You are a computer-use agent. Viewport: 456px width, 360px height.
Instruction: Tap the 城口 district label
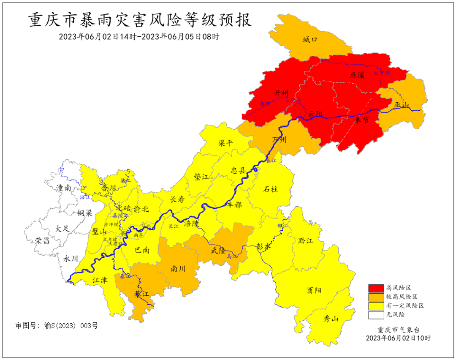click(309, 40)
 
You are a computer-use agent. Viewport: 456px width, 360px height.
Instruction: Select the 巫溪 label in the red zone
click(357, 75)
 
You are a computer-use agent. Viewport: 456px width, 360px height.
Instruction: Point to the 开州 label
click(281, 93)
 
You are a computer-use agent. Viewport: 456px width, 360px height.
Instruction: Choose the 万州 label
click(280, 140)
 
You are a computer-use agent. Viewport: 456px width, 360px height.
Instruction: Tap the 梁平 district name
click(225, 143)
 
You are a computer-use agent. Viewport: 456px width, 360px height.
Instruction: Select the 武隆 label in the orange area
click(218, 251)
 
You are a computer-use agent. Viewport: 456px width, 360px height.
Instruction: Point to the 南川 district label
click(179, 268)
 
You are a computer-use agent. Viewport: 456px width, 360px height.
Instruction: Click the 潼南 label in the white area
click(63, 188)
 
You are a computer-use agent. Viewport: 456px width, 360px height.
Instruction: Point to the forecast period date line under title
click(139, 37)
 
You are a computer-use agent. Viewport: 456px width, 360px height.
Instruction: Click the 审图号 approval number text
click(56, 326)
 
